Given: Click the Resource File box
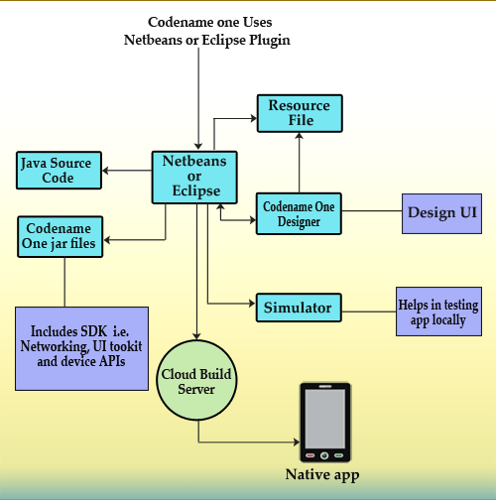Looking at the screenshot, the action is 300,113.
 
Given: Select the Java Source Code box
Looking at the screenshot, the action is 59,171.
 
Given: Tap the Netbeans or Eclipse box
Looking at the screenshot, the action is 194,178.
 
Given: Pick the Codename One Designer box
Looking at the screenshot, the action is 299,213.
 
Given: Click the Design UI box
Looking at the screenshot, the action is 441,213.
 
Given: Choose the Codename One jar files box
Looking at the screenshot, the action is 61,237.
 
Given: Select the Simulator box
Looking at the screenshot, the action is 299,308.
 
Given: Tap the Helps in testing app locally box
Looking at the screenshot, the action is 438,312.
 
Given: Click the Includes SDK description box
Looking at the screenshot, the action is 81,348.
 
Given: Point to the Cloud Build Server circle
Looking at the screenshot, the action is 196,380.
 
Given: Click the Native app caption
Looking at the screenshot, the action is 322,475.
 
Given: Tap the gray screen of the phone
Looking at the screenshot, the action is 325,419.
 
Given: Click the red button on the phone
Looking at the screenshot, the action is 310,455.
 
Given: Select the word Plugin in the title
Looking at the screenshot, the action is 270,41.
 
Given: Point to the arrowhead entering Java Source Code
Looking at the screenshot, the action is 105,171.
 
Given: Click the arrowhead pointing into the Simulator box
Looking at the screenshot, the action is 252,304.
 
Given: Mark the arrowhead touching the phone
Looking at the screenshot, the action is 297,441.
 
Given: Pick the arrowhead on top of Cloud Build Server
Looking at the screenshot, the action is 196,336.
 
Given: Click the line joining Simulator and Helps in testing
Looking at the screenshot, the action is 369,312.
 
